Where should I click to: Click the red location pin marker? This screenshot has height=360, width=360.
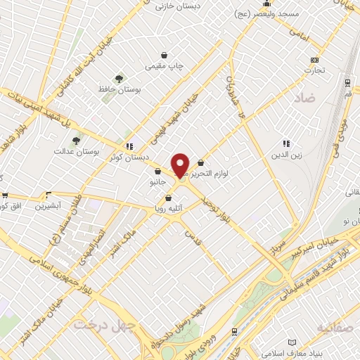pos(181,165)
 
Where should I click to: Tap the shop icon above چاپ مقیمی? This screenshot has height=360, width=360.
pos(165,55)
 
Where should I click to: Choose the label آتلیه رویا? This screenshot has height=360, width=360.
pos(169,209)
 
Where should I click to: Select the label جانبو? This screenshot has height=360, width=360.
pos(157,183)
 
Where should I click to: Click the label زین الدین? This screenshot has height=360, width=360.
pos(286,155)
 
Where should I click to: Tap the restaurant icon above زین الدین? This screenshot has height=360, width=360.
pos(286,143)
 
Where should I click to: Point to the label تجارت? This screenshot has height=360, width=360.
pos(314,70)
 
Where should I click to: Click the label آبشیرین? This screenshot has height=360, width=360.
pos(50,206)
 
